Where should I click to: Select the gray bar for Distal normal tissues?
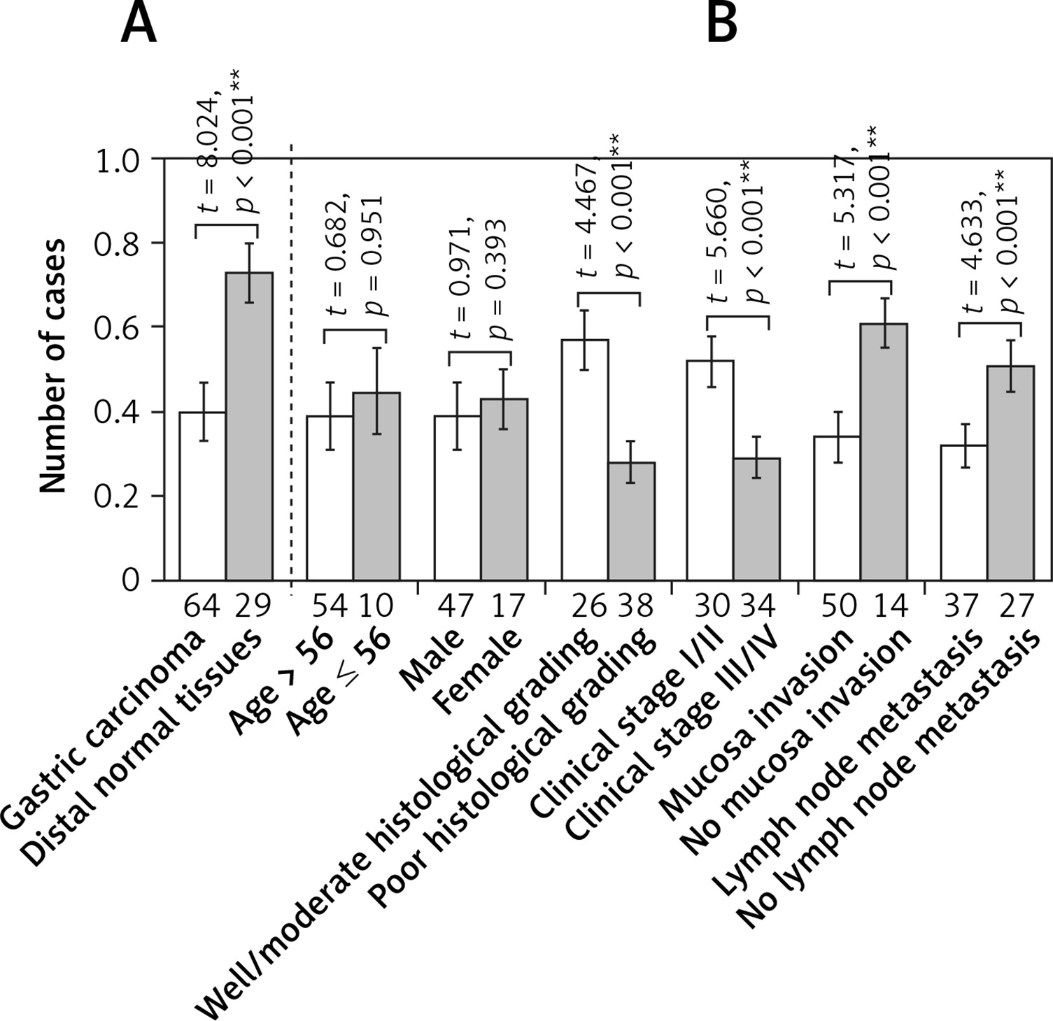(248, 427)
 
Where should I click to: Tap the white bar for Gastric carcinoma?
(202, 497)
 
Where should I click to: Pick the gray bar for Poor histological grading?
(631, 521)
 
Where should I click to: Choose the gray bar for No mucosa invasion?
(884, 452)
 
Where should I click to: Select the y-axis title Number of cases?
(52, 366)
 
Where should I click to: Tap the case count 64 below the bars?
(202, 606)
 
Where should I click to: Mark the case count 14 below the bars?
(890, 606)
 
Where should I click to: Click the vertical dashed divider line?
(291, 364)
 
